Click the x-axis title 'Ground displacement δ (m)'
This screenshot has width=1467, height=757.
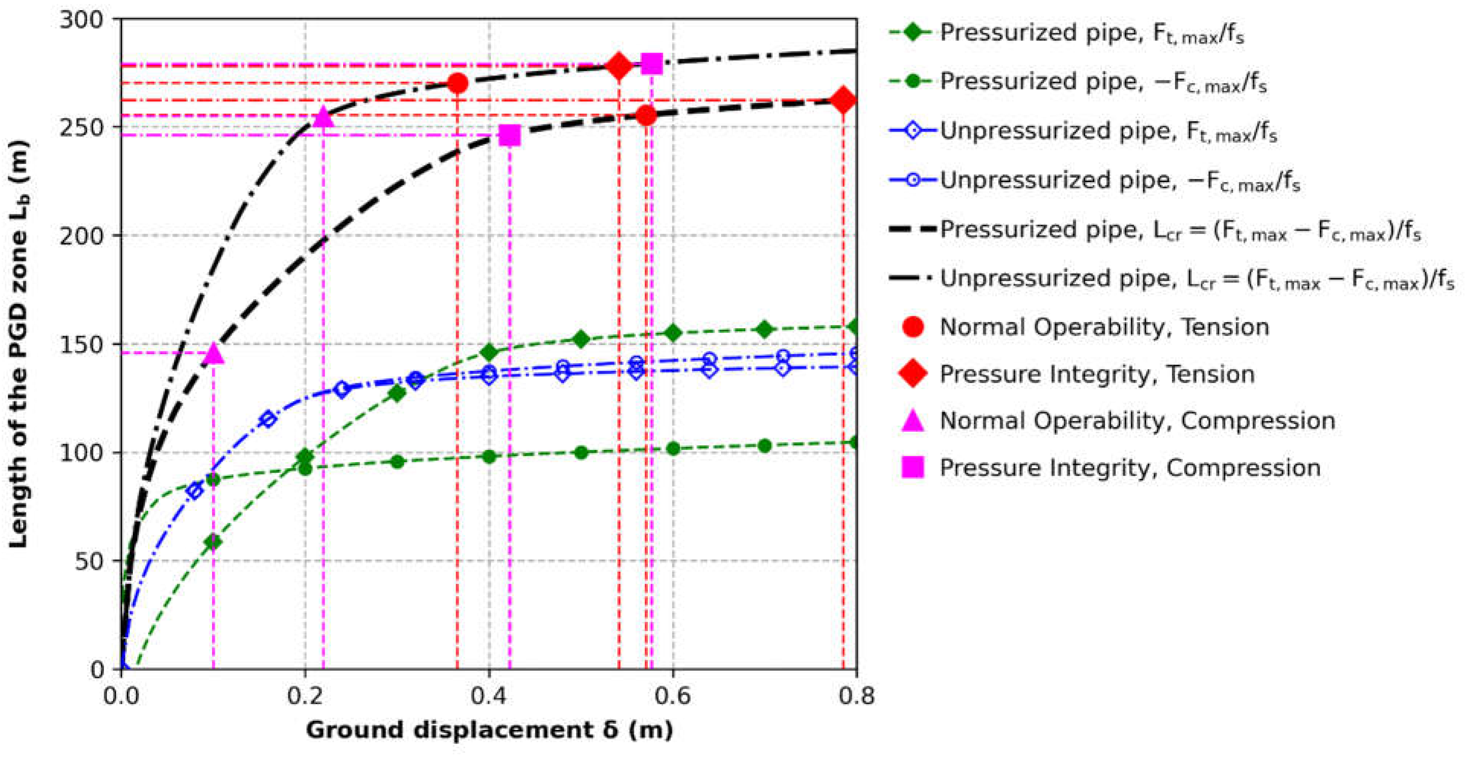(489, 730)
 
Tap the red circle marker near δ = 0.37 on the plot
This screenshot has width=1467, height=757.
(458, 84)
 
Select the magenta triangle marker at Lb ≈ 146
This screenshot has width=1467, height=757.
(214, 353)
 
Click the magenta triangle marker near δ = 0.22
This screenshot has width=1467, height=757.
(324, 117)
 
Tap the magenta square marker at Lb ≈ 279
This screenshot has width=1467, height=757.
(652, 64)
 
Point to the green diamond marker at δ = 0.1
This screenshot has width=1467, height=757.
(213, 541)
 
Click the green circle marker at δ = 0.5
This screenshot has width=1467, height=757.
(581, 453)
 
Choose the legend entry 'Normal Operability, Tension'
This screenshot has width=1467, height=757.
(1103, 327)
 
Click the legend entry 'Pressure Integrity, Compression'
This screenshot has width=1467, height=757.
(1129, 468)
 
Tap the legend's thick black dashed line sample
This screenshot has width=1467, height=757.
(912, 229)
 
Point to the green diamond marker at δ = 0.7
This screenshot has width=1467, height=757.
(765, 329)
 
